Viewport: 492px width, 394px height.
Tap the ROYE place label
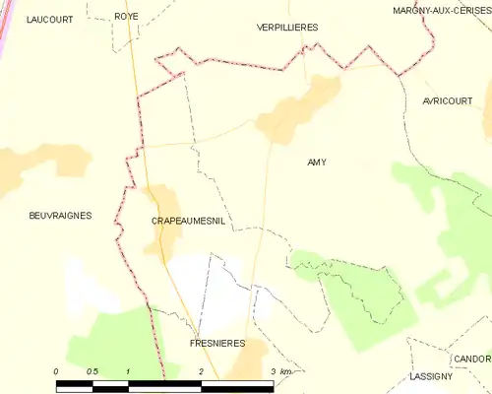click(x=126, y=17)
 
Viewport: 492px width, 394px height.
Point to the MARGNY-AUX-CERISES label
click(x=441, y=9)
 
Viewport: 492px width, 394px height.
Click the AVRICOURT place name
click(x=449, y=101)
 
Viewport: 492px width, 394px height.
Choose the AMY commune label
click(x=317, y=162)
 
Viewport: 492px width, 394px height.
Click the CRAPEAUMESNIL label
click(x=188, y=222)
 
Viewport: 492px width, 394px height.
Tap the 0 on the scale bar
click(x=57, y=370)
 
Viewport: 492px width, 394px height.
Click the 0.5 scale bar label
click(x=92, y=370)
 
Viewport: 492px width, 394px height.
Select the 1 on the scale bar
click(x=129, y=370)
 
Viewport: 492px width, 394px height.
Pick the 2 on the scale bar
click(x=201, y=370)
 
